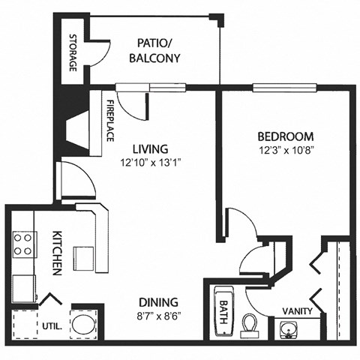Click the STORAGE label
coord(73,52)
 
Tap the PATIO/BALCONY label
coord(154,50)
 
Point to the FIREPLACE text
coord(109,120)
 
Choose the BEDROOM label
coord(285,136)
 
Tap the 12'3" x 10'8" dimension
coord(285,151)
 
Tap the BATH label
coord(223,307)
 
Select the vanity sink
coord(288,328)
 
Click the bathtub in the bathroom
coord(223,311)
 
